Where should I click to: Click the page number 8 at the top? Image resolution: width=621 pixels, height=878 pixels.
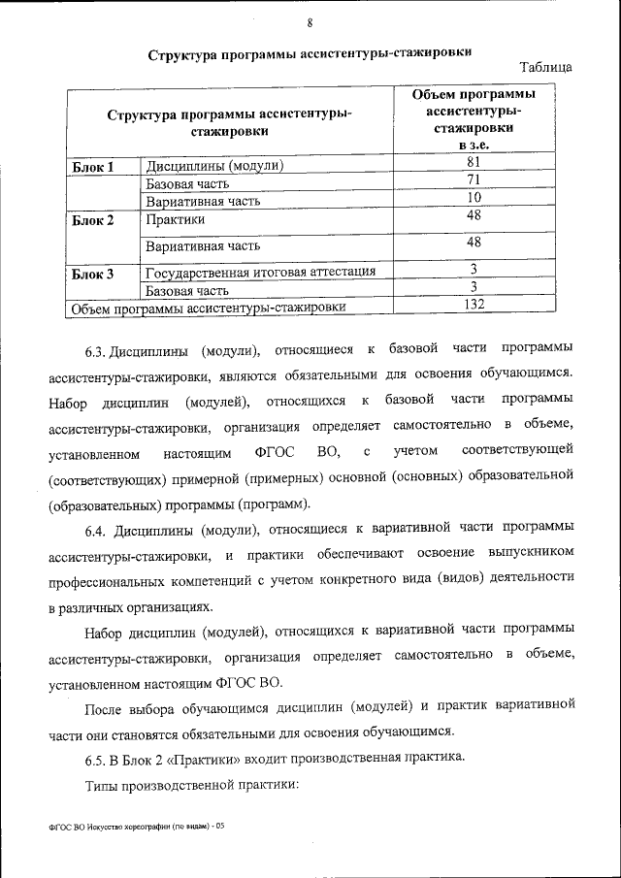(310, 23)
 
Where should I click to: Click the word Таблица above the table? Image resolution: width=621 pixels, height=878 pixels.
(545, 68)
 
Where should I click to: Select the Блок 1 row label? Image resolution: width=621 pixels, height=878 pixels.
(94, 167)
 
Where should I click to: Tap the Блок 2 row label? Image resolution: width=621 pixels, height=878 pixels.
(94, 220)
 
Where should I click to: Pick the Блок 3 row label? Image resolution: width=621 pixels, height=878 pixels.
(94, 274)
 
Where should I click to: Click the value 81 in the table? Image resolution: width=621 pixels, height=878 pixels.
(474, 163)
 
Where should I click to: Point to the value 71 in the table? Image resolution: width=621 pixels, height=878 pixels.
(474, 181)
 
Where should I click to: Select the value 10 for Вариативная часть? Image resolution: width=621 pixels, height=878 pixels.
(474, 199)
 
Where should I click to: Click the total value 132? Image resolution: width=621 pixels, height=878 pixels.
(474, 306)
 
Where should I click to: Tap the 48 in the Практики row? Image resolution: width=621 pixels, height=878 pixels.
(474, 216)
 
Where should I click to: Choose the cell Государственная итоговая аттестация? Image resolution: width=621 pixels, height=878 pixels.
(261, 271)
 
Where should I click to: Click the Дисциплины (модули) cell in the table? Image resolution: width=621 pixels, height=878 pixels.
(214, 166)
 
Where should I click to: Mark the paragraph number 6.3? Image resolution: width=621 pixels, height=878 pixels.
(94, 348)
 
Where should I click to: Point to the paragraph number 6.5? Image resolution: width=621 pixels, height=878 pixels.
(94, 757)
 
